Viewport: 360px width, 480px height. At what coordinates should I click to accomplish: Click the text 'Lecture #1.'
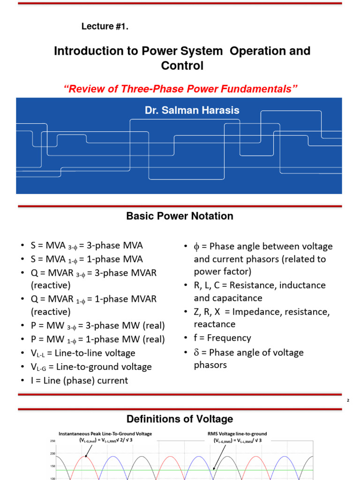coord(105,27)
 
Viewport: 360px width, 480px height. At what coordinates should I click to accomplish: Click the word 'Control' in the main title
coord(182,66)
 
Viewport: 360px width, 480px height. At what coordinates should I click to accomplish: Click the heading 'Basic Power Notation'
coord(180,216)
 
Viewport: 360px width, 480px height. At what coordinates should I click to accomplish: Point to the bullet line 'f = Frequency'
coord(223,338)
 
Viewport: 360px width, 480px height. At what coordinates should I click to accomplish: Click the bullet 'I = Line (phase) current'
coord(79,380)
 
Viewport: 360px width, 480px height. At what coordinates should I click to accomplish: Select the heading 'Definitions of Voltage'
coord(180,419)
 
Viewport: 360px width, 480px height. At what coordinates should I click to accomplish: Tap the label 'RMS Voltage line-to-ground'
coord(237,434)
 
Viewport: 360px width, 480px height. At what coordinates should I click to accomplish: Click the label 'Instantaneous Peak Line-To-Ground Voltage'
coord(105,434)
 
